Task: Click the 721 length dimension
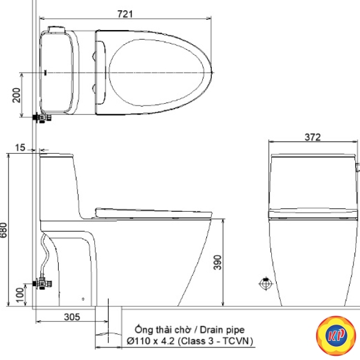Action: [125, 14]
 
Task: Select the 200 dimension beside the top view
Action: [16, 95]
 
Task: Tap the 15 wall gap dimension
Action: [20, 148]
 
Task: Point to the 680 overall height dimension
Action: [4, 230]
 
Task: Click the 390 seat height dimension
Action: [218, 262]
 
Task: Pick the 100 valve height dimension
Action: [20, 295]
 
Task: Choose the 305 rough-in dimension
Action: [72, 317]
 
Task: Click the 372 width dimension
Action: [313, 137]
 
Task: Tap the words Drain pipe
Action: [222, 330]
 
